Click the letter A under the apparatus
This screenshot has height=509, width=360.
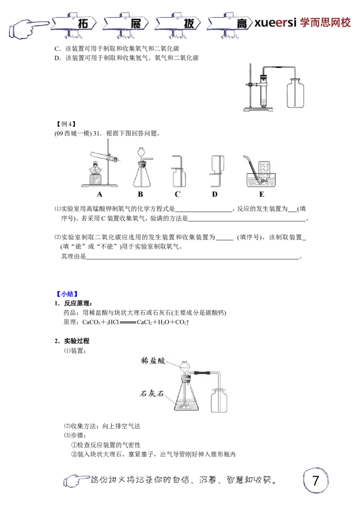(99, 195)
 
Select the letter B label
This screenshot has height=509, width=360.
(140, 195)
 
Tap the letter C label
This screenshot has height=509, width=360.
(177, 195)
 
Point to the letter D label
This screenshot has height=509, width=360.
(215, 195)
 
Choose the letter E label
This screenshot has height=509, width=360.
(261, 195)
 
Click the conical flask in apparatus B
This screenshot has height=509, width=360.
(140, 178)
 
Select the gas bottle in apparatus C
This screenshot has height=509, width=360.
(179, 178)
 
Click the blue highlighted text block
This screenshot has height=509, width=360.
(67, 294)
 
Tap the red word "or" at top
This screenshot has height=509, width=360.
(281, 23)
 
